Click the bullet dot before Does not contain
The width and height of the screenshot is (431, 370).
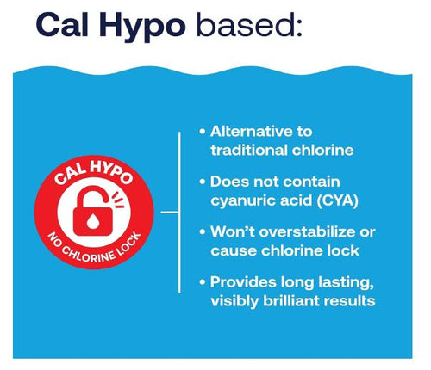[202, 182]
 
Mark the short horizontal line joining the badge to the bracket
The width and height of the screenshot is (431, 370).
[168, 210]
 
